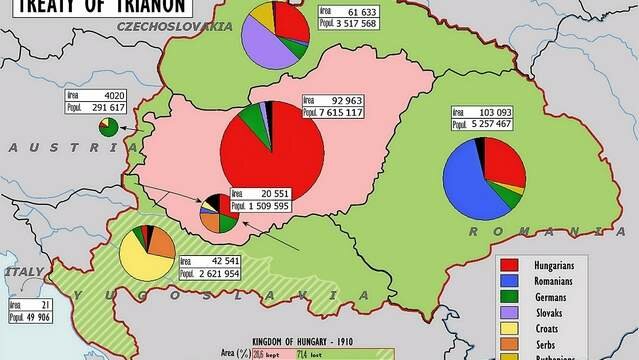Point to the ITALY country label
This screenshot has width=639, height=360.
24,272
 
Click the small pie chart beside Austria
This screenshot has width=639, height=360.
108,126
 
